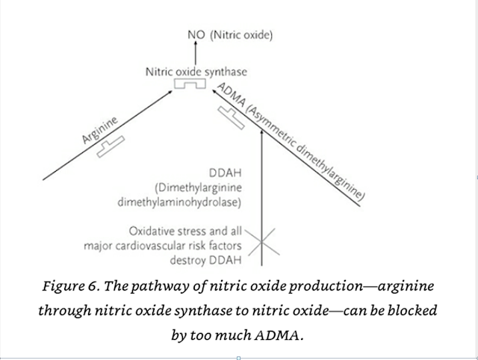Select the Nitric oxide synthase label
[x=196, y=72]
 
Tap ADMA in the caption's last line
[x=282, y=334]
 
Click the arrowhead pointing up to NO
[x=196, y=46]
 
